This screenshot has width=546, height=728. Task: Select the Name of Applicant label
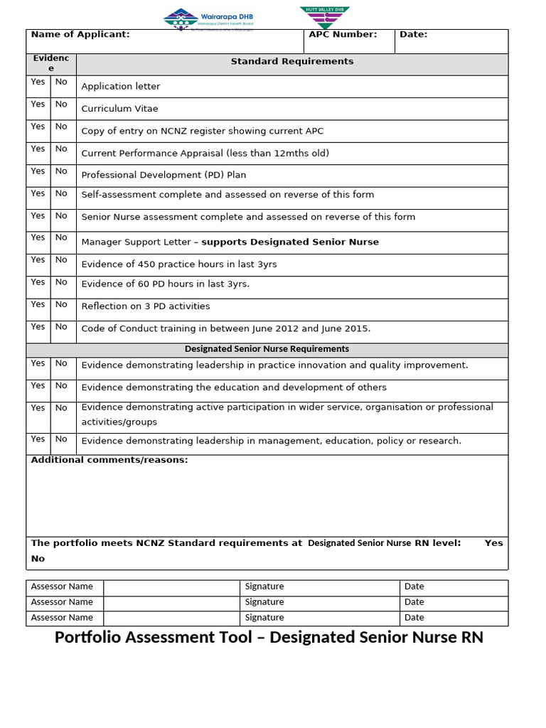tap(80, 34)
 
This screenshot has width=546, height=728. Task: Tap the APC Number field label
tap(343, 34)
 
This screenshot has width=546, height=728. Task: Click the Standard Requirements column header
tap(291, 62)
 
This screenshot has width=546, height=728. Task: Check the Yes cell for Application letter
tap(38, 82)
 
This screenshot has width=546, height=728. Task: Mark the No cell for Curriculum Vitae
tap(62, 105)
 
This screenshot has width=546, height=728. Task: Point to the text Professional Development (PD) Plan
tap(164, 175)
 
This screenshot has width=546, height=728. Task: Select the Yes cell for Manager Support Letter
tap(38, 237)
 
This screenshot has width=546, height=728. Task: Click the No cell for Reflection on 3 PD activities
tap(62, 304)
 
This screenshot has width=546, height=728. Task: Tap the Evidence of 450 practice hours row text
tap(179, 264)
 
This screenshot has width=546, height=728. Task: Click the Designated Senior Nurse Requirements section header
tap(267, 349)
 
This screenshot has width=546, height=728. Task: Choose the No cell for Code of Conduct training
tap(62, 327)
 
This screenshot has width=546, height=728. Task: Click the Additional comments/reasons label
tap(109, 460)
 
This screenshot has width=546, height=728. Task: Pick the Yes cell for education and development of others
tap(38, 385)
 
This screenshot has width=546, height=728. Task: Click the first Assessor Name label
tap(63, 587)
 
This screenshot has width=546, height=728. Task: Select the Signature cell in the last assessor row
tap(264, 618)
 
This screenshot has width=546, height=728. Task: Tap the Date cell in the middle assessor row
tap(414, 602)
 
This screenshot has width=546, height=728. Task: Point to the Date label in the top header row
tap(413, 34)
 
